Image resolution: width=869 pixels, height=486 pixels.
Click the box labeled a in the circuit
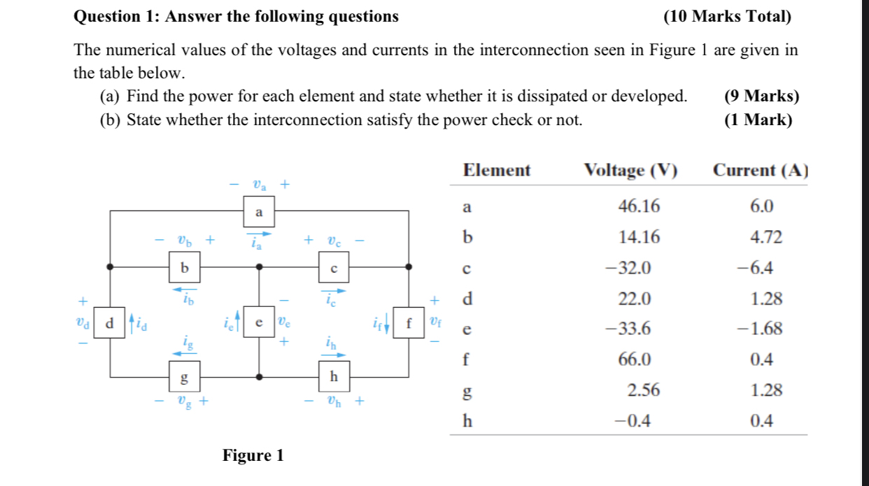pyautogui.click(x=259, y=211)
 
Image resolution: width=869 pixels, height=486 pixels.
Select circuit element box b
pyautogui.click(x=185, y=267)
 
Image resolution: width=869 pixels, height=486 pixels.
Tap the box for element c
pyautogui.click(x=334, y=267)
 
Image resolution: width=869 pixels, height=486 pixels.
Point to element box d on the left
pyautogui.click(x=109, y=322)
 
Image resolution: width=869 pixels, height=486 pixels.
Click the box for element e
pyautogui.click(x=259, y=322)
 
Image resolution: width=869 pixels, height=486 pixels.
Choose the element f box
pyautogui.click(x=409, y=322)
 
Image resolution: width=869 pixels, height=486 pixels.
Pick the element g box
pyautogui.click(x=185, y=377)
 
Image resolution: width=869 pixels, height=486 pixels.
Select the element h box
pyautogui.click(x=334, y=377)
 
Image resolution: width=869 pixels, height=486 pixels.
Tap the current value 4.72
pyautogui.click(x=765, y=238)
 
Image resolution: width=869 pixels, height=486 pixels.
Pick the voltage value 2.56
pyautogui.click(x=643, y=390)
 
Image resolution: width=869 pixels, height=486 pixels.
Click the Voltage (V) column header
pyautogui.click(x=630, y=170)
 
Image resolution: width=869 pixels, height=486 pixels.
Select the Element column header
pyautogui.click(x=497, y=170)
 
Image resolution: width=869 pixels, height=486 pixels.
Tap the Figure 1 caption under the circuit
pyautogui.click(x=253, y=456)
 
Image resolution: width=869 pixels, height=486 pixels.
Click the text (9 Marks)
pyautogui.click(x=761, y=97)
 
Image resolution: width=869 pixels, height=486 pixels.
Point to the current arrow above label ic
pyautogui.click(x=334, y=291)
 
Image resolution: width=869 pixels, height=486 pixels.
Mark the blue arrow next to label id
pyautogui.click(x=129, y=323)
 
